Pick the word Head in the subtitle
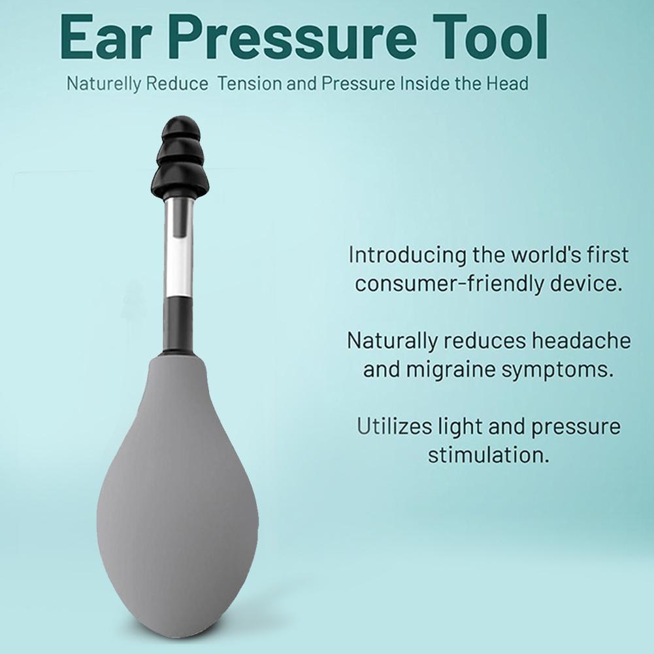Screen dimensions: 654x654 (509, 84)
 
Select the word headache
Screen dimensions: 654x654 (583, 340)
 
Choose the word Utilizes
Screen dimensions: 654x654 (393, 427)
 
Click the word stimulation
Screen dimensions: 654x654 (488, 455)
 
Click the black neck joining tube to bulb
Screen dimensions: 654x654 (178, 323)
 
